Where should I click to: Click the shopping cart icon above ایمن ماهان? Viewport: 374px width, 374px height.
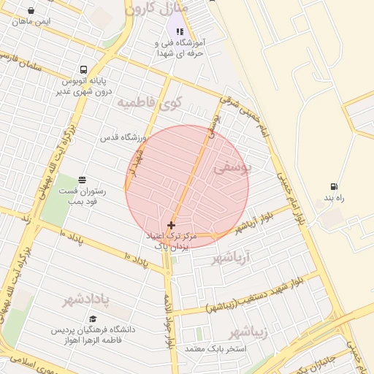(31, 10)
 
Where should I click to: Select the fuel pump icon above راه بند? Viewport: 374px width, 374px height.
(335, 187)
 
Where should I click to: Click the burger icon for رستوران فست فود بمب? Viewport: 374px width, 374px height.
(82, 179)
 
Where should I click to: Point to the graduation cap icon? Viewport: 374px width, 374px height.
(92, 318)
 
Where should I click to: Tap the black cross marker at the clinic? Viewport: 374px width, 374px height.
(172, 226)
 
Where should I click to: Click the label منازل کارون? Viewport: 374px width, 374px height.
(156, 9)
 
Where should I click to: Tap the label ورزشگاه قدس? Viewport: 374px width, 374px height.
(121, 137)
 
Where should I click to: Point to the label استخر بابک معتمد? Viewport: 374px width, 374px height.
(213, 351)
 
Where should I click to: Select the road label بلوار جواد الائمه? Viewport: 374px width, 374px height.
(169, 321)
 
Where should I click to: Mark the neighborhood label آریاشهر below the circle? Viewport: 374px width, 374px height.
(231, 258)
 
